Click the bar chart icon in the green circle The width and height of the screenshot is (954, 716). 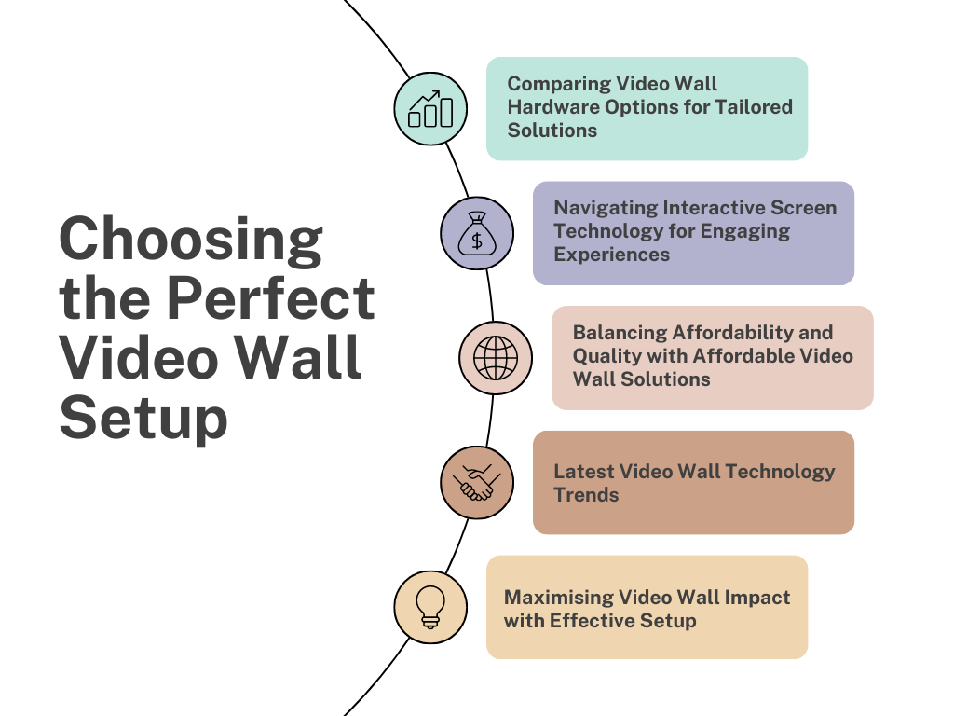pos(430,109)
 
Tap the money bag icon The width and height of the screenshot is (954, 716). pos(477,233)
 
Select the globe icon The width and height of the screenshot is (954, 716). pos(496,358)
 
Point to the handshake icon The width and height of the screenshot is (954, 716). pos(477,482)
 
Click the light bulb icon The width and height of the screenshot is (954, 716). pos(430,606)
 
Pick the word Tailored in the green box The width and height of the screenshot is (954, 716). pos(754,106)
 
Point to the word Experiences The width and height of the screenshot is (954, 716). pos(612,255)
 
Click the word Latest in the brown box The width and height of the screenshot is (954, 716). pos(583,472)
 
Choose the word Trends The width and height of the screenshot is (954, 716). pos(586,495)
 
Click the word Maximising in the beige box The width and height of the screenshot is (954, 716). pos(559,598)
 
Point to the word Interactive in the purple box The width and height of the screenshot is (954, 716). pos(714,208)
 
